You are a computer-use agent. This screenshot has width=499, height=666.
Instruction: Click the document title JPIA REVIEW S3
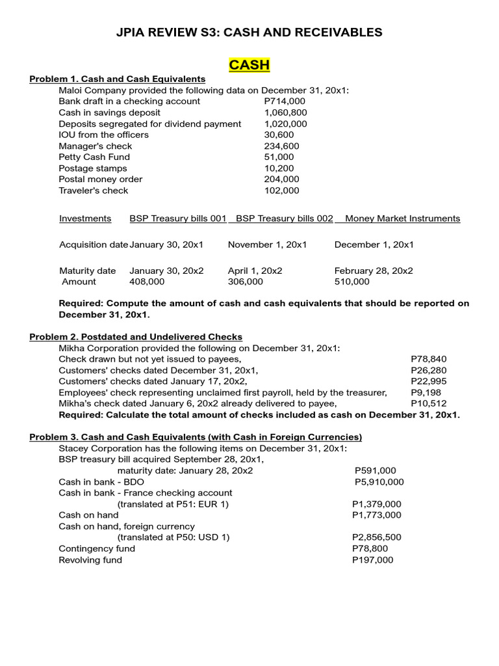pos(249,32)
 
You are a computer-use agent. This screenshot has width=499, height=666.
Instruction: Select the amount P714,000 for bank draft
pos(285,101)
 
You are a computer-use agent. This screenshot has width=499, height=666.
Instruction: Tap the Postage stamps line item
pos(93,168)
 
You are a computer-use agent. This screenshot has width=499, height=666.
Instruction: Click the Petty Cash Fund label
pos(94,157)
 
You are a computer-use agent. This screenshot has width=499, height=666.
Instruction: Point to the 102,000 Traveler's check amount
pos(281,191)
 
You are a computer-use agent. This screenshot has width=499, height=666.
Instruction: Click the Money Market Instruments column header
pos(402,219)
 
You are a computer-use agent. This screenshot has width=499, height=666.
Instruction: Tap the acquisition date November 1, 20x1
pos(267,245)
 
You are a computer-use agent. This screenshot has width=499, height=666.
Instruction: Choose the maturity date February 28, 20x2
pos(374,271)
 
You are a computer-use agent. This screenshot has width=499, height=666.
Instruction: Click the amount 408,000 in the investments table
pos(147,282)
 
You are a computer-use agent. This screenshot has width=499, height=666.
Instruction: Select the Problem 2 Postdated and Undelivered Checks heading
pos(136,337)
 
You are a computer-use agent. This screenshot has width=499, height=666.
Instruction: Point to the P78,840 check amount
pos(429,359)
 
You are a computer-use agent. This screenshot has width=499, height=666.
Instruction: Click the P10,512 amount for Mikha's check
pos(429,403)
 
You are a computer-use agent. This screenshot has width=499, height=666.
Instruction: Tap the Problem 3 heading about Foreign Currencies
pos(196,437)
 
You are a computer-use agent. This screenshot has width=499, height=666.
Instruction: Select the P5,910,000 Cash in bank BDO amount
pos(379,482)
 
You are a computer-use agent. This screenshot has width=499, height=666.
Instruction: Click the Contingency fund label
pos(97,548)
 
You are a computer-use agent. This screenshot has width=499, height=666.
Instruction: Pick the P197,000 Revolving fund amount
pos(372,560)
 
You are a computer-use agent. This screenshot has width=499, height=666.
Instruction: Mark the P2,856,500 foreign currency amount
pos(376,537)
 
